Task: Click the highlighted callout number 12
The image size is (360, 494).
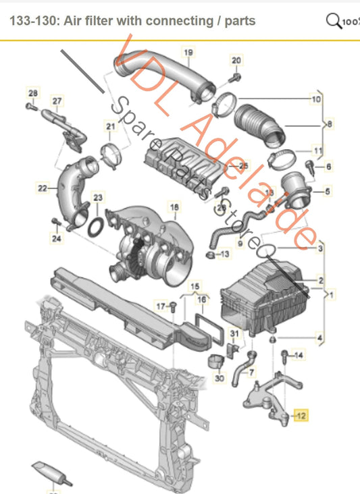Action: [301, 416]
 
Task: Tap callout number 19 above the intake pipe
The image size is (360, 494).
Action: [188, 53]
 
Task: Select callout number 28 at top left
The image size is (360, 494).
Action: [33, 92]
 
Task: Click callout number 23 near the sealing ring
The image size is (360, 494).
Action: [99, 198]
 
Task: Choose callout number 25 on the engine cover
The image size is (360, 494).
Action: [244, 165]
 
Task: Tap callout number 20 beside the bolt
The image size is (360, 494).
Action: [236, 61]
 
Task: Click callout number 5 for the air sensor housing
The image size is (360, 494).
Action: [328, 192]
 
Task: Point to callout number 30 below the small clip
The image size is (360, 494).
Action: [219, 379]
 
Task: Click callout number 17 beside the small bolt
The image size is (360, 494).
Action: [160, 306]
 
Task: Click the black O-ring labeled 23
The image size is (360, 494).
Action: [97, 225]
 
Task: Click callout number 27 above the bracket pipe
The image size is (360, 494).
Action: [57, 101]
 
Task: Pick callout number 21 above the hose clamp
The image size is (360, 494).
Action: [110, 126]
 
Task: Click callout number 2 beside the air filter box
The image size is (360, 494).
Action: [321, 279]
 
